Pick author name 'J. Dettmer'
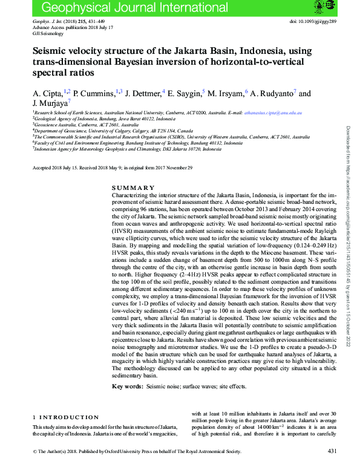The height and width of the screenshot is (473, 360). (143, 94)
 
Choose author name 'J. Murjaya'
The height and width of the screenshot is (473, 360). (50, 103)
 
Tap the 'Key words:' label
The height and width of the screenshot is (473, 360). (127, 386)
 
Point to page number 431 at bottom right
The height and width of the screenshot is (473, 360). (332, 451)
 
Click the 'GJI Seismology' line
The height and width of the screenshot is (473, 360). (47, 33)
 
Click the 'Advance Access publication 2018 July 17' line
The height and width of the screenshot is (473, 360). (68, 28)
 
